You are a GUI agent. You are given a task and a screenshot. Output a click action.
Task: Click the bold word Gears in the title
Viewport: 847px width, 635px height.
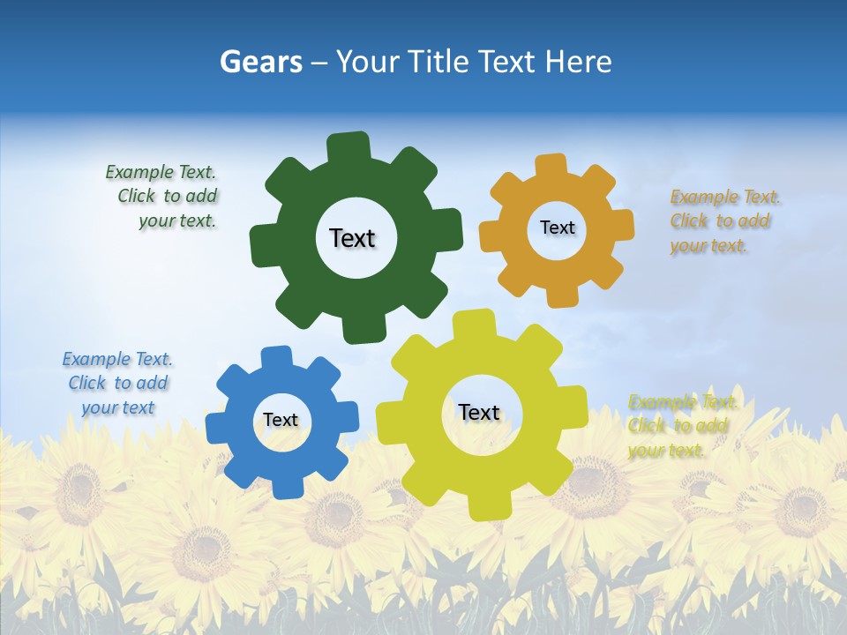[x=260, y=62]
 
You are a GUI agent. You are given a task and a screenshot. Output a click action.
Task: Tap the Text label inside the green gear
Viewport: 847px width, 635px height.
[x=352, y=238]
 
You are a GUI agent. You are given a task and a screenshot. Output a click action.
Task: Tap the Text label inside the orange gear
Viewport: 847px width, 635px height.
[x=557, y=228]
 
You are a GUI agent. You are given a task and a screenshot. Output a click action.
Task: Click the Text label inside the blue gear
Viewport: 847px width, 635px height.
[x=281, y=421]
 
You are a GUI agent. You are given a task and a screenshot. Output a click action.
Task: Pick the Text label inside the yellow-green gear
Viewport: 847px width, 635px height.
[x=479, y=412]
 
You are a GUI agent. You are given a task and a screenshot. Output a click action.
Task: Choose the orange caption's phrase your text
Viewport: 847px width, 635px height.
[x=708, y=246]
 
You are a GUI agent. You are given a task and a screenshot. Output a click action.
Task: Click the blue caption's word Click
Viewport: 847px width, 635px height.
[x=86, y=383]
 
